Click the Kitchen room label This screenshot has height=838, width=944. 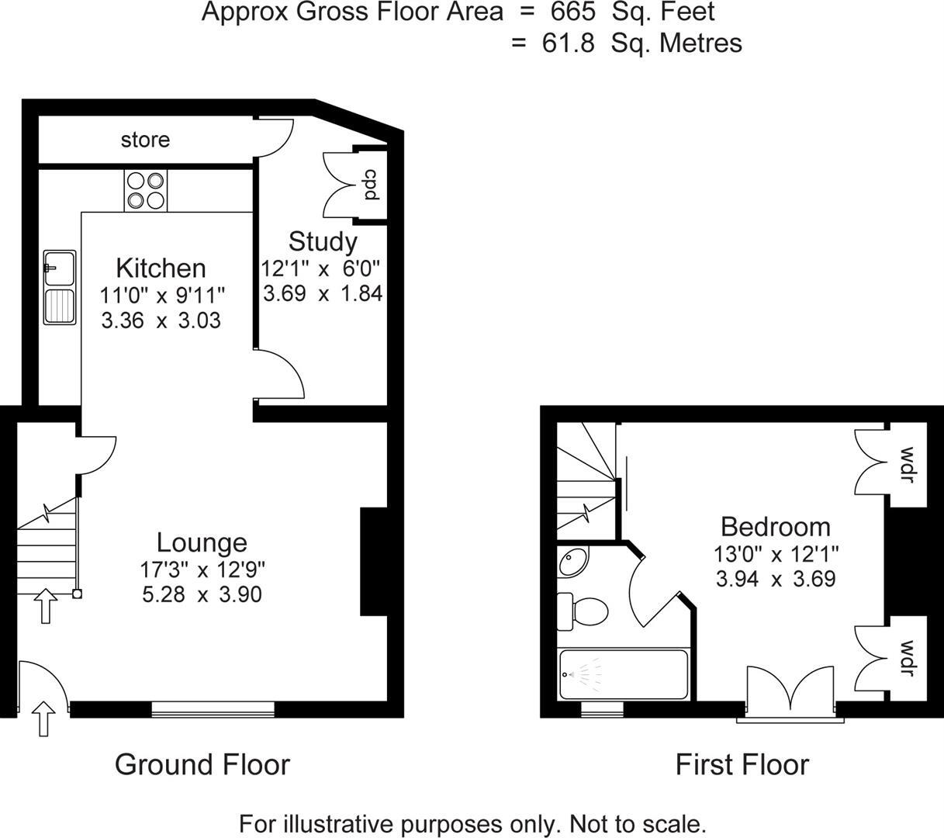tap(161, 268)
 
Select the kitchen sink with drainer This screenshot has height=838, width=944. tap(60, 286)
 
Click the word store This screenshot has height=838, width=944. tap(145, 140)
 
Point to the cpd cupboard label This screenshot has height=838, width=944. tap(371, 185)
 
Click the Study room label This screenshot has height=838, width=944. tap(323, 241)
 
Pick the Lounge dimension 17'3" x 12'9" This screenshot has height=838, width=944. tap(202, 570)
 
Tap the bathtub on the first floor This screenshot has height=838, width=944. tap(623, 674)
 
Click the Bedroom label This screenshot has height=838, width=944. tap(775, 527)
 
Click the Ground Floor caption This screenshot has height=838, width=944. tap(202, 764)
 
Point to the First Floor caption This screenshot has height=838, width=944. tap(742, 764)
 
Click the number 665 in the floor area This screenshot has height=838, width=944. tap(567, 12)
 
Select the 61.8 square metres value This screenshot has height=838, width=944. tap(568, 43)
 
